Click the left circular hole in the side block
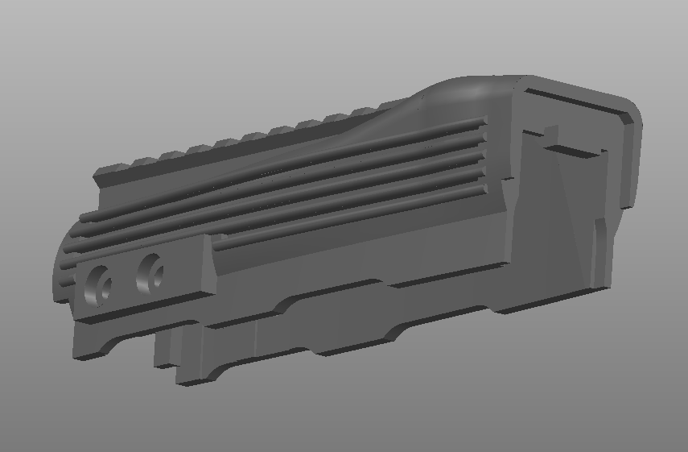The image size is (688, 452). [x=99, y=286]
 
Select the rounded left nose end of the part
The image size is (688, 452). [x=61, y=270]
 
